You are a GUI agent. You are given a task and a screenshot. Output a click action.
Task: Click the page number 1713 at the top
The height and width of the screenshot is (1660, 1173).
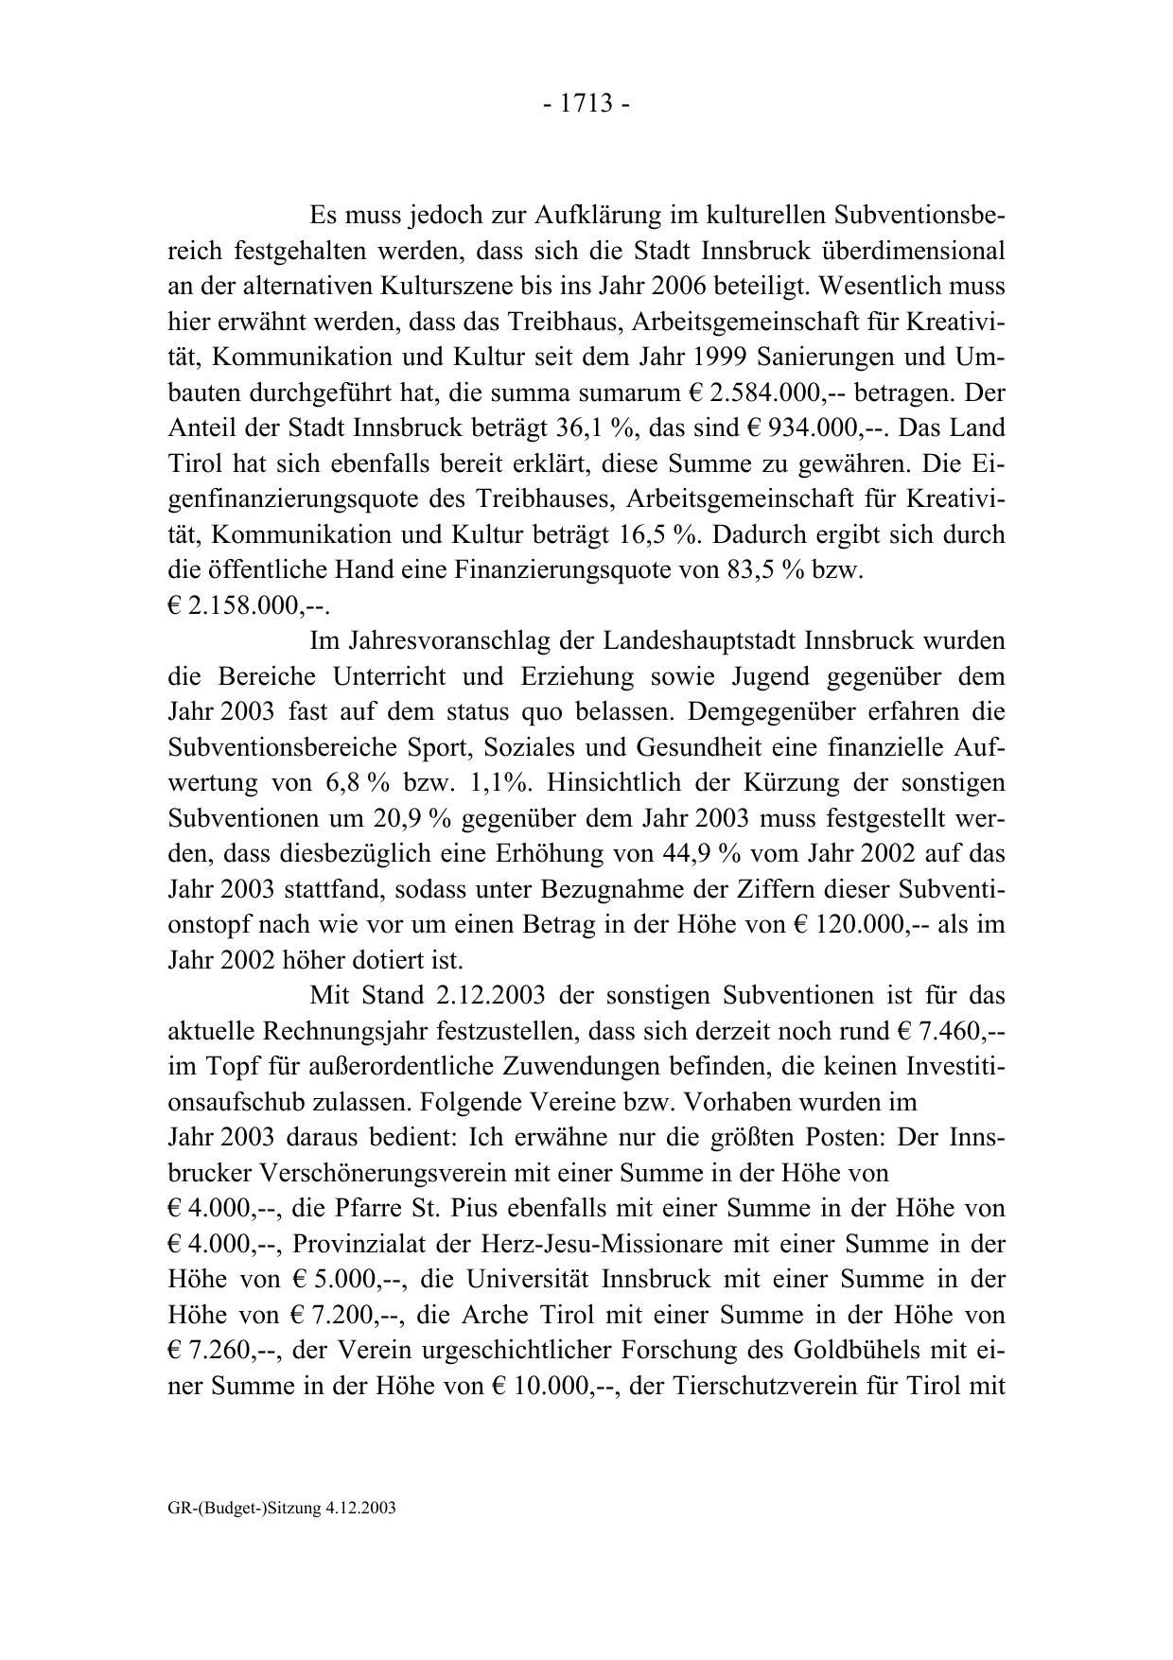pos(586,104)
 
